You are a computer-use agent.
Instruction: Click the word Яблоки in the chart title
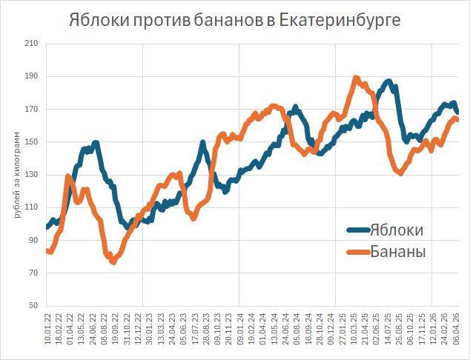99,19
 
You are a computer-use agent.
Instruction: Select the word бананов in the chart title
228,19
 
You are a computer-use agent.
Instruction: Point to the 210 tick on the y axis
31,44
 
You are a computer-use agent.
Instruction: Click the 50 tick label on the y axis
33,306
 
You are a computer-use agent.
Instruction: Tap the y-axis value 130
31,175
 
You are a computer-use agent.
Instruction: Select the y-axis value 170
31,110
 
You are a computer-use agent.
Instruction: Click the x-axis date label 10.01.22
47,330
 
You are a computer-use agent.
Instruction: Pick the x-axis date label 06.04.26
455,330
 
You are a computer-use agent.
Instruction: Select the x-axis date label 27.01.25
344,330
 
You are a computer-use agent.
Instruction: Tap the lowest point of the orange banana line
113,261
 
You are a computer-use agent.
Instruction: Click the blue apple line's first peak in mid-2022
95,142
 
